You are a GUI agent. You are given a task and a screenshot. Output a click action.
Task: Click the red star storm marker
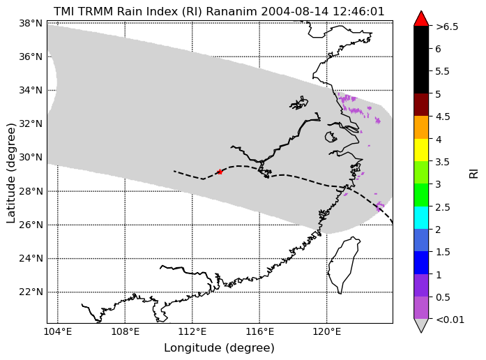(220, 172)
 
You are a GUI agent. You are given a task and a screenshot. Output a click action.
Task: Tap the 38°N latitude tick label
(31, 23)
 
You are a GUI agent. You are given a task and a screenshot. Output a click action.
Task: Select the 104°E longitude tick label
(58, 332)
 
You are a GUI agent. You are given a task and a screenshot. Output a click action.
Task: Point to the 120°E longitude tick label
(327, 332)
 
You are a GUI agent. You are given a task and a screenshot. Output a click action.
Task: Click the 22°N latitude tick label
(31, 292)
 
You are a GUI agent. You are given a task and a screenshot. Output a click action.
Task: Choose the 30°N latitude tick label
(31, 158)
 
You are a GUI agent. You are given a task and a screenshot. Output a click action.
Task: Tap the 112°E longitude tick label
(192, 332)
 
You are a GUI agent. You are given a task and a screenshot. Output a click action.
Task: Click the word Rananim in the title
(231, 11)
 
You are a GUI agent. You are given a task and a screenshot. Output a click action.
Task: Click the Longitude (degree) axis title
(219, 348)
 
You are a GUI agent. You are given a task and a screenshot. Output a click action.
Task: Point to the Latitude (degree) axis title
(10, 173)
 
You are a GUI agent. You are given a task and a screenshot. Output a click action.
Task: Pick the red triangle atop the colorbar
(421, 18)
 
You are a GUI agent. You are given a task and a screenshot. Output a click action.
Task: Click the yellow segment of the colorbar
(421, 150)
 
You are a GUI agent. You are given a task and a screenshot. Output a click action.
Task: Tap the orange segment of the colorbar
(421, 127)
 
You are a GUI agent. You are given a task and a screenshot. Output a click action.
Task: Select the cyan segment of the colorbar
(421, 218)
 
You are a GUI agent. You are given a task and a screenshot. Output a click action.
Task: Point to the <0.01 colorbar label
(450, 320)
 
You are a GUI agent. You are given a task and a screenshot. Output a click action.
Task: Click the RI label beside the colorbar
(473, 173)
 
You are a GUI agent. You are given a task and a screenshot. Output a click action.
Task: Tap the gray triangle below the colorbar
(421, 325)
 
